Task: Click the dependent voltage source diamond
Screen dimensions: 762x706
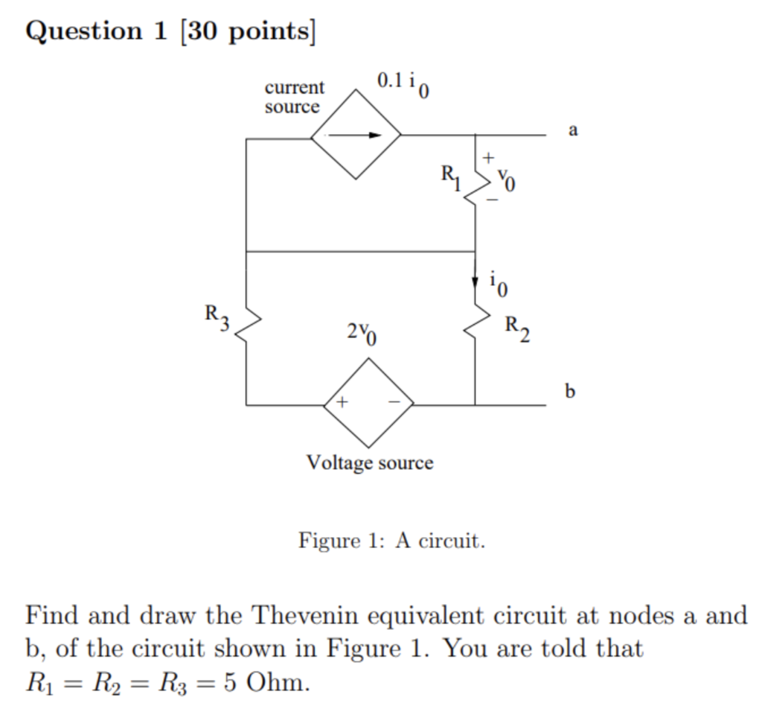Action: coord(368,403)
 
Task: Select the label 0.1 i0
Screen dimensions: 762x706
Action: coord(403,85)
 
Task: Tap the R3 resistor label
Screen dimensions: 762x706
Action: coord(217,316)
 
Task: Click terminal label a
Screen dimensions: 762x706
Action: coord(572,130)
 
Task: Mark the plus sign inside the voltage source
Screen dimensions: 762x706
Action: coord(341,402)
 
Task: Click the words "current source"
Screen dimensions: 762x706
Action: coord(294,97)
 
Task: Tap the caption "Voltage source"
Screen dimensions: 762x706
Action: coord(370,462)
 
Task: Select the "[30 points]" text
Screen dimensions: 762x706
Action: coord(247,31)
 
